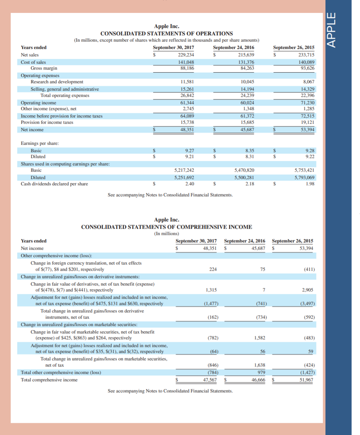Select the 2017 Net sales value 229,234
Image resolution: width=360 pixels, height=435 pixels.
click(x=186, y=55)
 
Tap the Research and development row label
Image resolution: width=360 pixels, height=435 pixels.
click(x=57, y=82)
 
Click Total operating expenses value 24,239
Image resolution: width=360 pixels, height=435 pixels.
click(x=247, y=95)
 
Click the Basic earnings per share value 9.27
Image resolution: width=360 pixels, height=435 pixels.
click(x=189, y=150)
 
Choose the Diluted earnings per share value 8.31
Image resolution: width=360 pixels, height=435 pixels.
click(x=249, y=156)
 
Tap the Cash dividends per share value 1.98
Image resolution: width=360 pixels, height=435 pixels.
click(x=310, y=184)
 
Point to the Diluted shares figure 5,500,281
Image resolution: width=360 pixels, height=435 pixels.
click(x=244, y=177)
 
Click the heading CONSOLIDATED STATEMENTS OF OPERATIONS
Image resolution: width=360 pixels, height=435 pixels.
click(x=166, y=34)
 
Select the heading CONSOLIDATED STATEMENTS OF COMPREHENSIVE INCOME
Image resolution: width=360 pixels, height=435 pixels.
click(x=166, y=227)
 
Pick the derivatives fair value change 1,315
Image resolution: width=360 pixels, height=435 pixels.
click(x=211, y=290)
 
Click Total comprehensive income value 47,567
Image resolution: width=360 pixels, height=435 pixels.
click(x=210, y=380)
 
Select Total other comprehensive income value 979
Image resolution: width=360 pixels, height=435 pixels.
click(x=260, y=372)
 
